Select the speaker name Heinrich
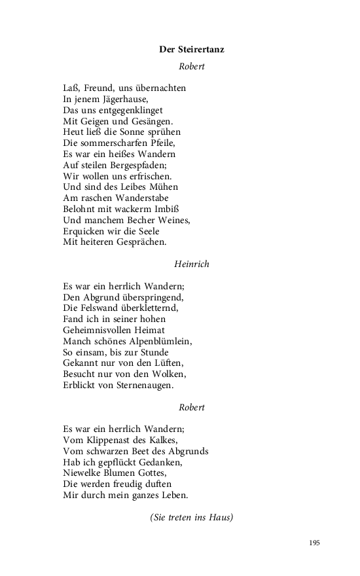192,264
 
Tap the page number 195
314,543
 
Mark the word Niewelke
84,473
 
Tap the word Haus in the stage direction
219,518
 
